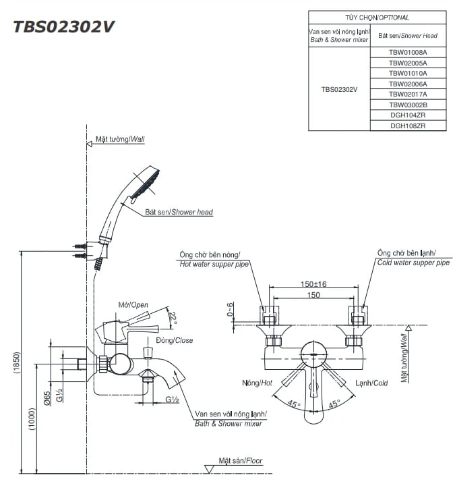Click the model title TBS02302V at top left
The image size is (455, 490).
pyautogui.click(x=65, y=26)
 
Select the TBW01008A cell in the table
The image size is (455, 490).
pyautogui.click(x=408, y=51)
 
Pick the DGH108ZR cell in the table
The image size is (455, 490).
pyautogui.click(x=408, y=126)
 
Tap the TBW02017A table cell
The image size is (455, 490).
pyautogui.click(x=408, y=94)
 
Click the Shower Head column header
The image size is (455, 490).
pyautogui.click(x=408, y=36)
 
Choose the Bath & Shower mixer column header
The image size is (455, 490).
pyautogui.click(x=339, y=36)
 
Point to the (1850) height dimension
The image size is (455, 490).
pyautogui.click(x=16, y=365)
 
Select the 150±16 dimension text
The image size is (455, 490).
pyautogui.click(x=313, y=284)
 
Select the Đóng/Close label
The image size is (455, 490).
pyautogui.click(x=174, y=340)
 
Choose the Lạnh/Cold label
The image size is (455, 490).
pyautogui.click(x=371, y=383)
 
